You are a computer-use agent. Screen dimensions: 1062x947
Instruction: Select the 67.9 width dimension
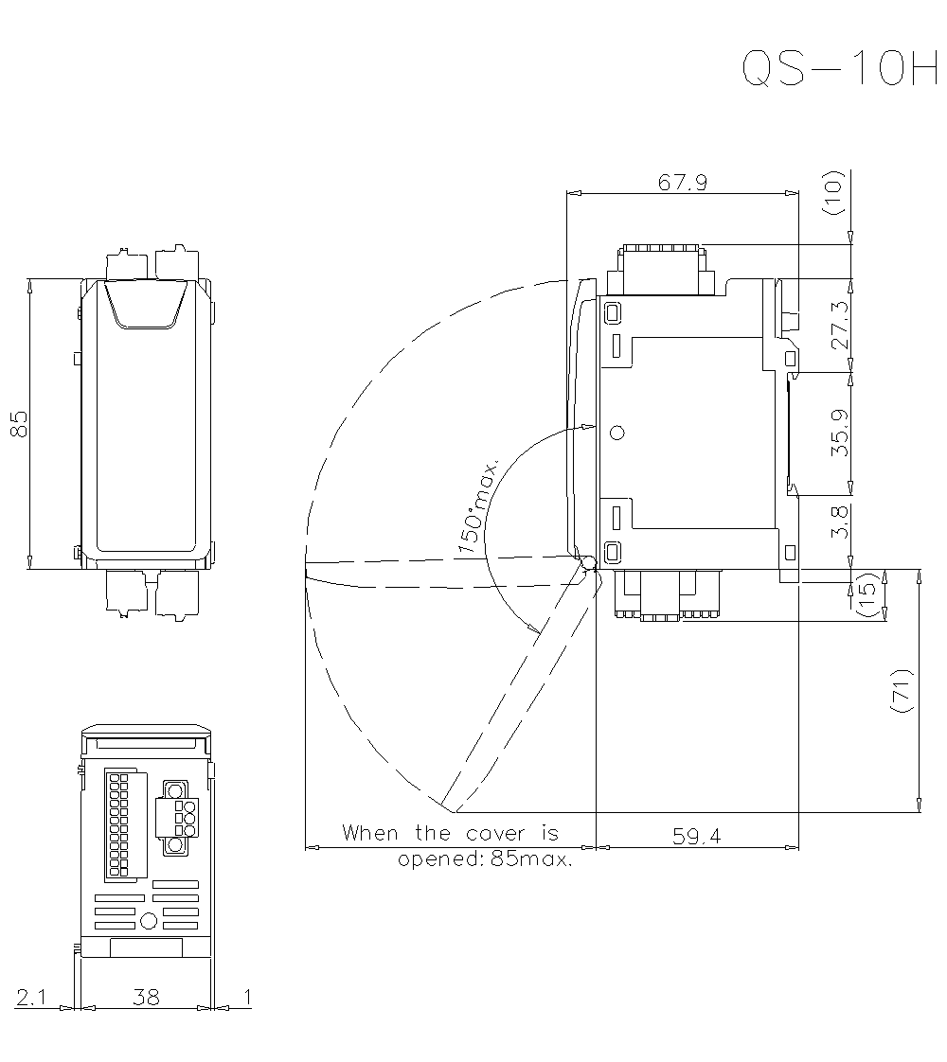[683, 183]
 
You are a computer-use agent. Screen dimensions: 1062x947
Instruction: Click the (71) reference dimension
[900, 691]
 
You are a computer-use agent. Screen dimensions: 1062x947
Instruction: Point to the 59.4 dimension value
[697, 837]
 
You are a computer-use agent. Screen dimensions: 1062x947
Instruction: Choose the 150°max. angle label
[479, 507]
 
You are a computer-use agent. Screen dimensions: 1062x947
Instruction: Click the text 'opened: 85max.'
[485, 860]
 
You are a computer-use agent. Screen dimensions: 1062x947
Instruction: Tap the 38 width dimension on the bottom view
[146, 997]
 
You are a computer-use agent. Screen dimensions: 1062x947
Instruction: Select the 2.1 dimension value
[30, 997]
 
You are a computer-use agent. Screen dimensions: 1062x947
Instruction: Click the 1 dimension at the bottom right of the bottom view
[247, 997]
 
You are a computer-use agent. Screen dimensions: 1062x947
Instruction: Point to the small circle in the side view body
[617, 433]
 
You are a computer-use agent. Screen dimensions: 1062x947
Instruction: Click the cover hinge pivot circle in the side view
[588, 563]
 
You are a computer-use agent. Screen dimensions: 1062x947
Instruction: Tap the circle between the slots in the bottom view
[148, 921]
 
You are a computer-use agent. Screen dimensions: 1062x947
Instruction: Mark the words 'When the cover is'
[450, 834]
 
